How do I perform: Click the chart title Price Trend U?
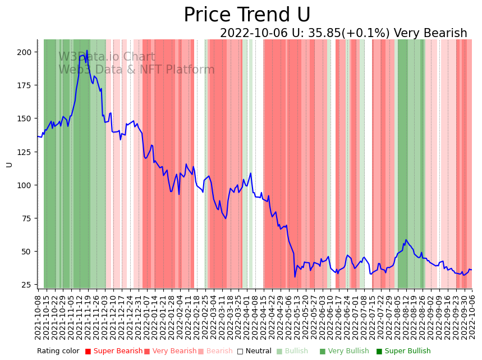247,15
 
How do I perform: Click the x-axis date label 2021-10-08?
38,317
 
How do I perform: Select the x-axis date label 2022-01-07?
147,317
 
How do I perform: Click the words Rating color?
58,352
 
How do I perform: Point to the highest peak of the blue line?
86,51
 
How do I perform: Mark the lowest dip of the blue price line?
295,276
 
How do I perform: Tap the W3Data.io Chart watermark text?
107,57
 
